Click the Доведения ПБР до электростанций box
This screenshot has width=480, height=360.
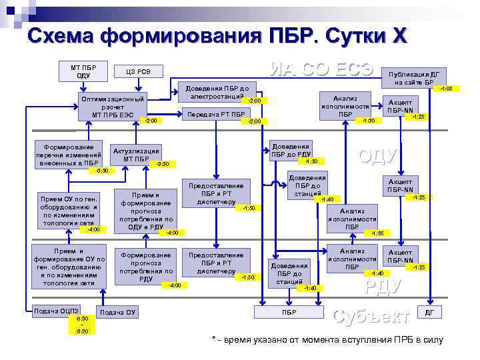[x=217, y=92]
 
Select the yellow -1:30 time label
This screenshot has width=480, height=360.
[x=368, y=121]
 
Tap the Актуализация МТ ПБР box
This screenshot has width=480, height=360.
[x=136, y=155]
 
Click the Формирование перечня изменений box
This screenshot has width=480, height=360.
[x=69, y=154]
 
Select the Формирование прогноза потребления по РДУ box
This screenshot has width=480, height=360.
[x=146, y=267]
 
